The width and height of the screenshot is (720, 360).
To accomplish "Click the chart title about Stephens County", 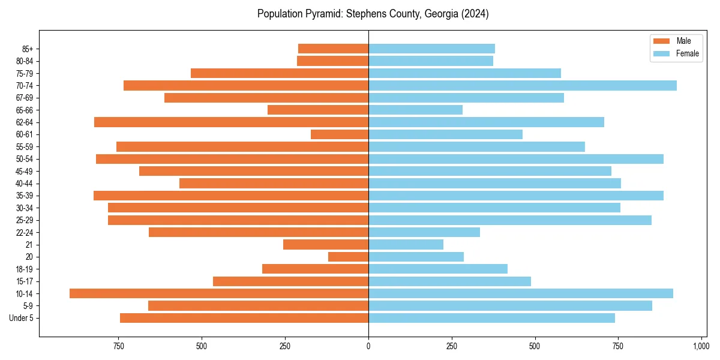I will tap(373, 14).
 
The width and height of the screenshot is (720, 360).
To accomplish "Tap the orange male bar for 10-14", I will tap(219, 293).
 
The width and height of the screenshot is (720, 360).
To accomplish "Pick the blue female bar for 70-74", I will tap(522, 85).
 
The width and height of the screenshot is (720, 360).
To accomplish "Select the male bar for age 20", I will tap(348, 257).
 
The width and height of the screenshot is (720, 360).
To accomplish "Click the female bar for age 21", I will tap(406, 245).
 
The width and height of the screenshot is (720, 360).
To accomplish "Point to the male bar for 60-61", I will tap(340, 134).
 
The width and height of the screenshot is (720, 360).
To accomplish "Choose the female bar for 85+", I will tap(431, 49).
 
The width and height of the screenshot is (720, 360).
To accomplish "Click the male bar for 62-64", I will tap(231, 122).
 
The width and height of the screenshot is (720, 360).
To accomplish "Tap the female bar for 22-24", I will tap(424, 232).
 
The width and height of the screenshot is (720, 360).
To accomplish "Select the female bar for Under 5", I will tap(491, 318).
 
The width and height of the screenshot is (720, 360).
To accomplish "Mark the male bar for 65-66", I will tap(318, 110).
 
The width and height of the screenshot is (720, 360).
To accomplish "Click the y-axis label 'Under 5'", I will tap(22, 318).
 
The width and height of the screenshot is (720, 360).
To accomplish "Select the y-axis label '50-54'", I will tap(24, 159).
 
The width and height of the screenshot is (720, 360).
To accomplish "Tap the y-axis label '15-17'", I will tap(24, 281).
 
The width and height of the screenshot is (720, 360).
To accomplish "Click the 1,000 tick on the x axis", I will tap(701, 346).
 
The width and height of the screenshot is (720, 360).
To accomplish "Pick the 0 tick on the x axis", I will tap(368, 346).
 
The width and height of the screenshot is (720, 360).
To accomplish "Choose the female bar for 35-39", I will tap(516, 196).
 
